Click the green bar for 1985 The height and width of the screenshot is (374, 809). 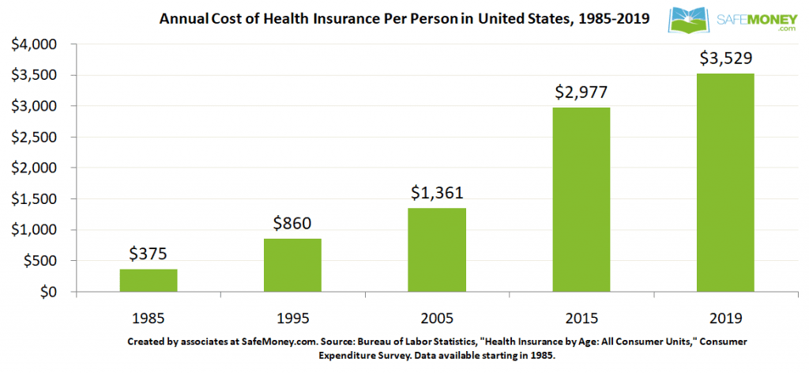[149, 281]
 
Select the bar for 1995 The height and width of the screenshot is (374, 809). [293, 265]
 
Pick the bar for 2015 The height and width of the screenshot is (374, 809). [581, 199]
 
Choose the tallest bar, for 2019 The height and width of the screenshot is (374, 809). [724, 183]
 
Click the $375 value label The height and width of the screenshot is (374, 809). [149, 254]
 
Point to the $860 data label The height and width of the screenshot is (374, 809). [293, 223]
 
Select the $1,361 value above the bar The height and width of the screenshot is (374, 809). [437, 192]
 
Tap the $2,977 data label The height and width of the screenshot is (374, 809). [581, 92]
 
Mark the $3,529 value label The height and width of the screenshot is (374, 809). [724, 58]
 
